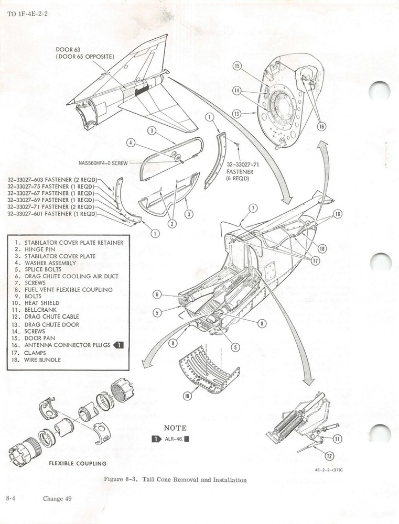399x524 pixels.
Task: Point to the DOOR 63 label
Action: [x=69, y=50]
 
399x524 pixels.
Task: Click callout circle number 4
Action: [x=132, y=143]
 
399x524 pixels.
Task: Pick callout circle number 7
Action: [x=253, y=208]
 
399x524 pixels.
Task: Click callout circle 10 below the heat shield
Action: [x=187, y=396]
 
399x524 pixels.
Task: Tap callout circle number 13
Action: [x=237, y=113]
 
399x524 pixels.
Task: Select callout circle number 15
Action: [x=237, y=66]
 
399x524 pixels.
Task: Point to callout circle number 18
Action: [x=321, y=248]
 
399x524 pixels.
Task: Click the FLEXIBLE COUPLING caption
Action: [x=78, y=463]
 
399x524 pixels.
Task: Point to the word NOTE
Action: [x=176, y=428]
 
